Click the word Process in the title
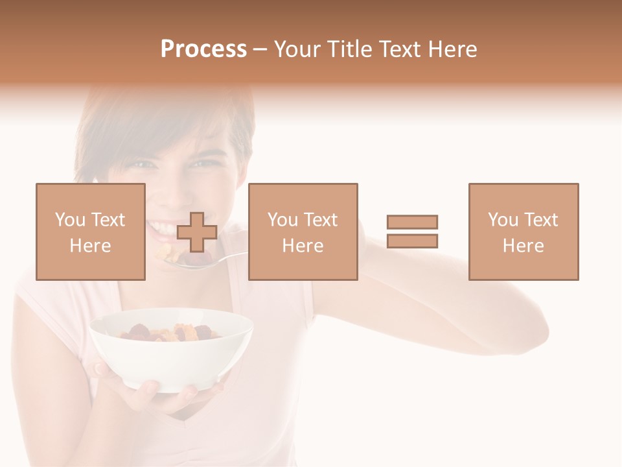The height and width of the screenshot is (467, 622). (203, 49)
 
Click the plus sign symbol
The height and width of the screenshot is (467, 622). (197, 232)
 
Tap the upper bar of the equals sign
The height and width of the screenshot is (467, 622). (412, 222)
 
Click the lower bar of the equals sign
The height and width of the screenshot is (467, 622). (412, 241)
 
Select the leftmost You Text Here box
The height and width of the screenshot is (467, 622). (90, 232)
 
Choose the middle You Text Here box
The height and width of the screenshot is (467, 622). (303, 232)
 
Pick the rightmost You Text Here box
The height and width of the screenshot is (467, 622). (523, 232)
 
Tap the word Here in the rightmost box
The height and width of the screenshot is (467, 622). (523, 246)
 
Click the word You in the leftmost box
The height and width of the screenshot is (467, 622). (70, 220)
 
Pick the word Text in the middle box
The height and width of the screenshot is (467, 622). (321, 220)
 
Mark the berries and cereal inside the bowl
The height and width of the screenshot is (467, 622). (170, 332)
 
